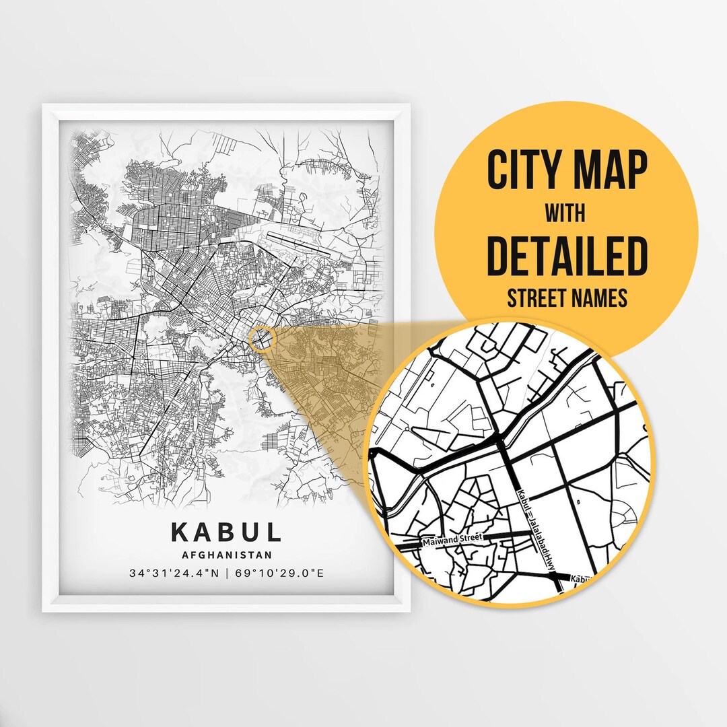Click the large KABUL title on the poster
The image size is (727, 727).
click(226, 532)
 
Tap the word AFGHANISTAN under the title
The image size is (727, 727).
click(227, 555)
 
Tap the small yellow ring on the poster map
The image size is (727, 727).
click(262, 339)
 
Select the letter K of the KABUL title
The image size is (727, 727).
click(180, 532)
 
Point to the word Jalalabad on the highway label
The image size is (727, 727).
click(539, 539)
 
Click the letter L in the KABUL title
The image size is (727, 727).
click(273, 532)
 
